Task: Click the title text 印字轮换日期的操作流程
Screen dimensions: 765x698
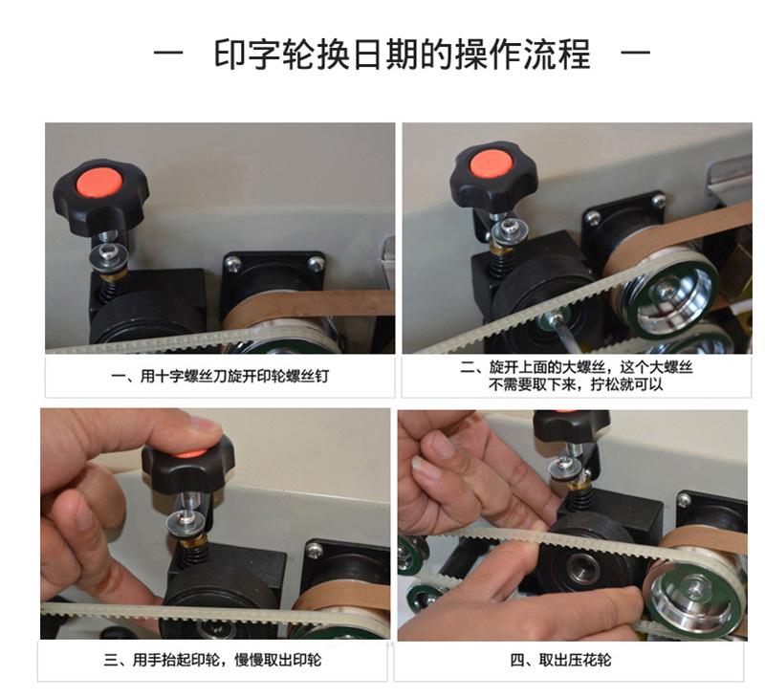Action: pyautogui.click(x=403, y=54)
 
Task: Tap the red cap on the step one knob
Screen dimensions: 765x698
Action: pyautogui.click(x=99, y=183)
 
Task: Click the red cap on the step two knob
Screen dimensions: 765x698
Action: pyautogui.click(x=491, y=164)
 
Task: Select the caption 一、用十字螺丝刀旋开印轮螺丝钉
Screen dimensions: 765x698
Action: pyautogui.click(x=220, y=376)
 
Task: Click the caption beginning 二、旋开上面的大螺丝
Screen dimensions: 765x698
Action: pyautogui.click(x=577, y=376)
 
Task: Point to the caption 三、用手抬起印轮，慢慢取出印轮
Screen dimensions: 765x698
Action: pyautogui.click(x=212, y=661)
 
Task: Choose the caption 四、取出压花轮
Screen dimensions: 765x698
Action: pyautogui.click(x=560, y=661)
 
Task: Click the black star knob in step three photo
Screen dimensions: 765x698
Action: pyautogui.click(x=187, y=468)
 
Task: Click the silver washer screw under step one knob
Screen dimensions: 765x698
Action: pyautogui.click(x=108, y=254)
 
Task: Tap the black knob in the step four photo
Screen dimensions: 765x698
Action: pyautogui.click(x=571, y=424)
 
